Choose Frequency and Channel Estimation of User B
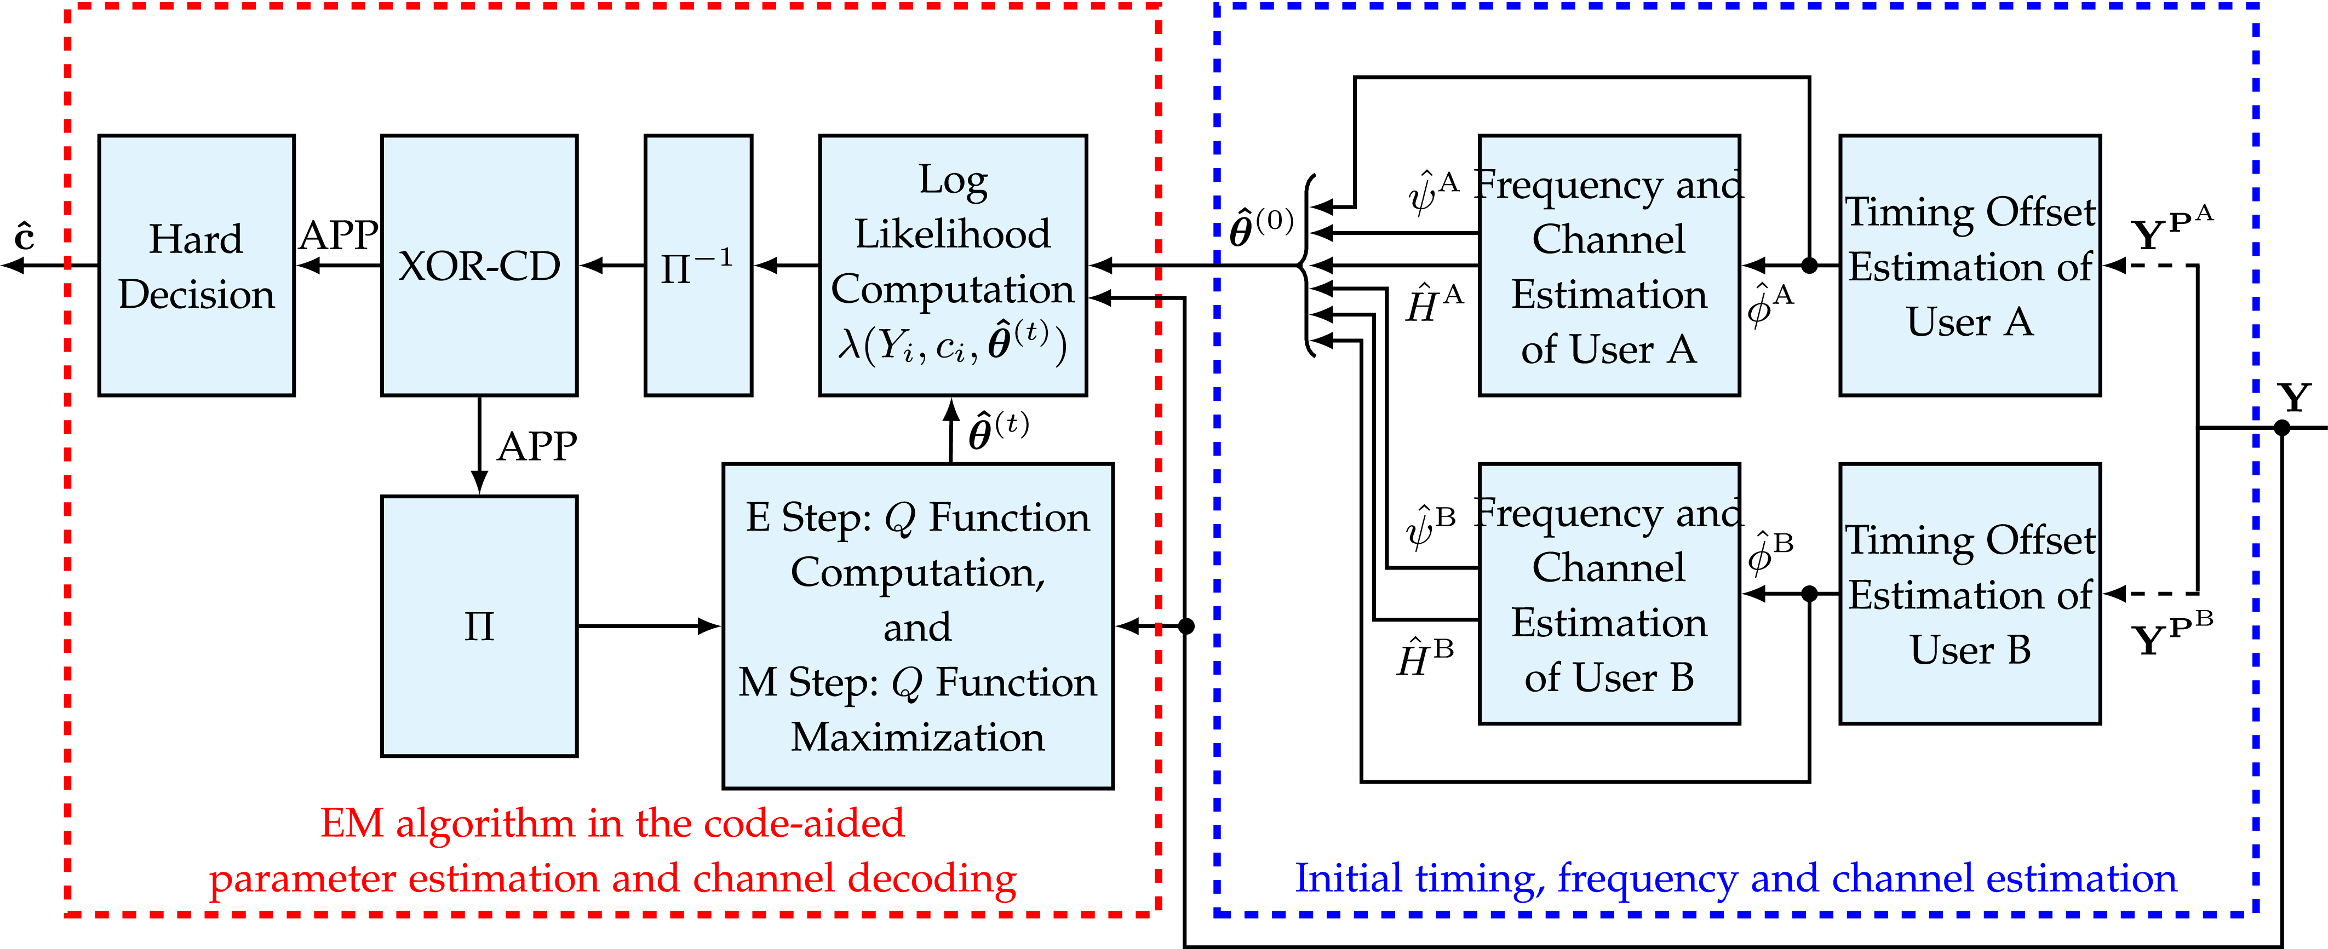pyautogui.click(x=1609, y=594)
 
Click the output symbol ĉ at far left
pyautogui.click(x=25, y=237)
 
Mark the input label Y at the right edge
pyautogui.click(x=2293, y=398)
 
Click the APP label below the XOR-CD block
pyautogui.click(x=537, y=446)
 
